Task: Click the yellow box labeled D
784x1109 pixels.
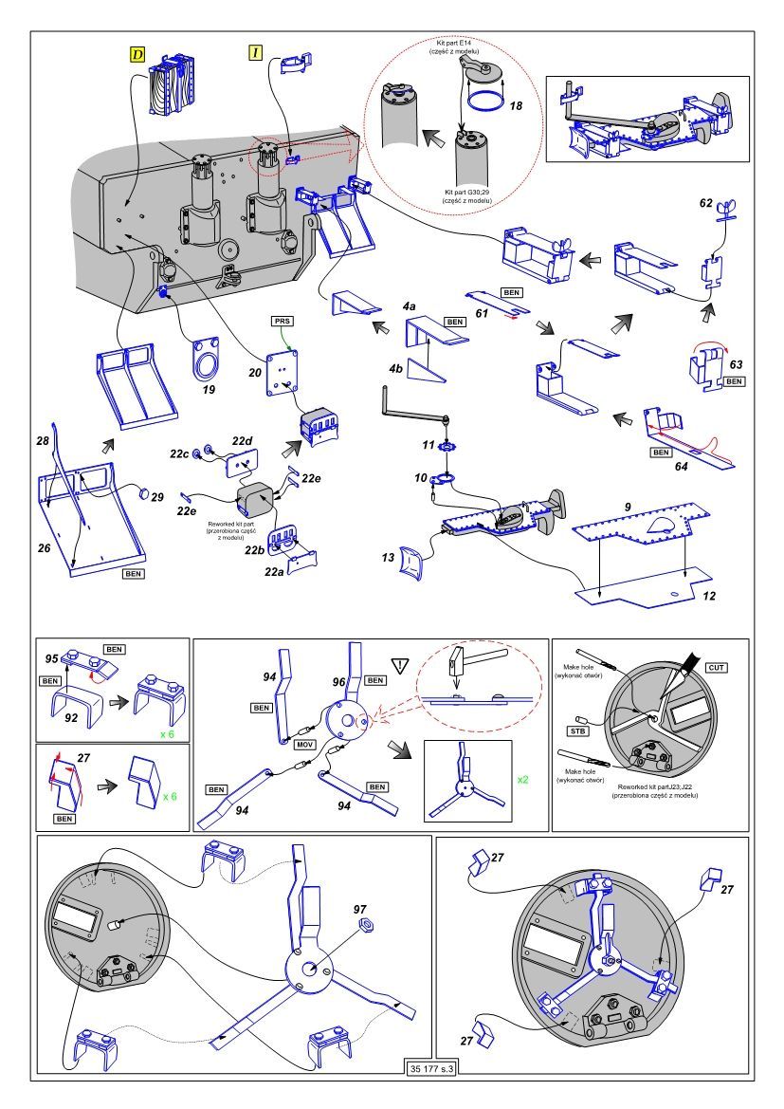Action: (x=137, y=55)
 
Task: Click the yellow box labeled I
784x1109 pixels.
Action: (x=255, y=53)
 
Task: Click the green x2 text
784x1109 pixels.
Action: (x=523, y=779)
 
